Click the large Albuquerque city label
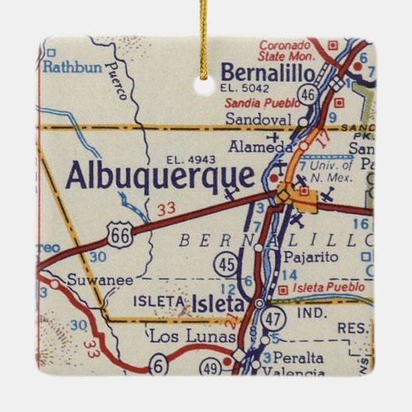160,175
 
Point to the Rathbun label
72,68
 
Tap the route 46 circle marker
308,95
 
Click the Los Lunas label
180,337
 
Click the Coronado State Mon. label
285,51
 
